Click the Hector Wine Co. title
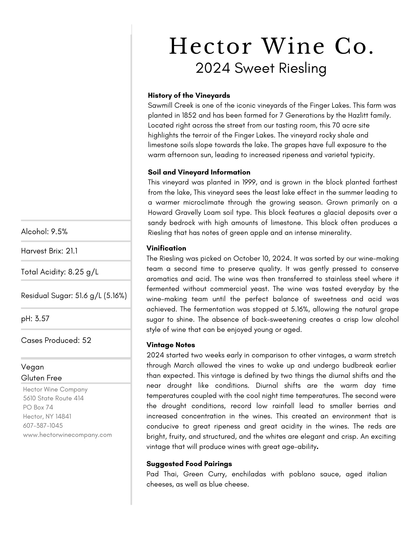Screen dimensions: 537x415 [x=271, y=47]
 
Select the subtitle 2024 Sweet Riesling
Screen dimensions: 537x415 [x=261, y=68]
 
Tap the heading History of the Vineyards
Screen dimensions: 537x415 [x=189, y=95]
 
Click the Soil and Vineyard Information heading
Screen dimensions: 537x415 [x=199, y=172]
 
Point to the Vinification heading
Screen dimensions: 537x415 [x=166, y=248]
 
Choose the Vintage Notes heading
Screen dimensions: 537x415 [x=171, y=345]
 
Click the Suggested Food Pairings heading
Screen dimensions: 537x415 [x=189, y=464]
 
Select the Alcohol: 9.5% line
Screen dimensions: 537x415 [x=44, y=231]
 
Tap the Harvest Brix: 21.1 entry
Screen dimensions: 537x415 [x=49, y=251]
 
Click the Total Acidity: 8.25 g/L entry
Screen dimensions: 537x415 [x=60, y=272]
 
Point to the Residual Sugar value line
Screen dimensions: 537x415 [x=74, y=296]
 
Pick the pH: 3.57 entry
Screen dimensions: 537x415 [x=35, y=318]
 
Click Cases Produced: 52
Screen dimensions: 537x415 [x=56, y=340]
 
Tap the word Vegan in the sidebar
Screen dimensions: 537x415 [x=33, y=367]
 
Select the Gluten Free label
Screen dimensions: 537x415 [x=41, y=378]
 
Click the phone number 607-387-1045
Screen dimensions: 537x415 [x=43, y=425]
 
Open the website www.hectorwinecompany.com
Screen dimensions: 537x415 [x=67, y=435]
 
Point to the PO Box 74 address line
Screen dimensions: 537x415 [x=38, y=407]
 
